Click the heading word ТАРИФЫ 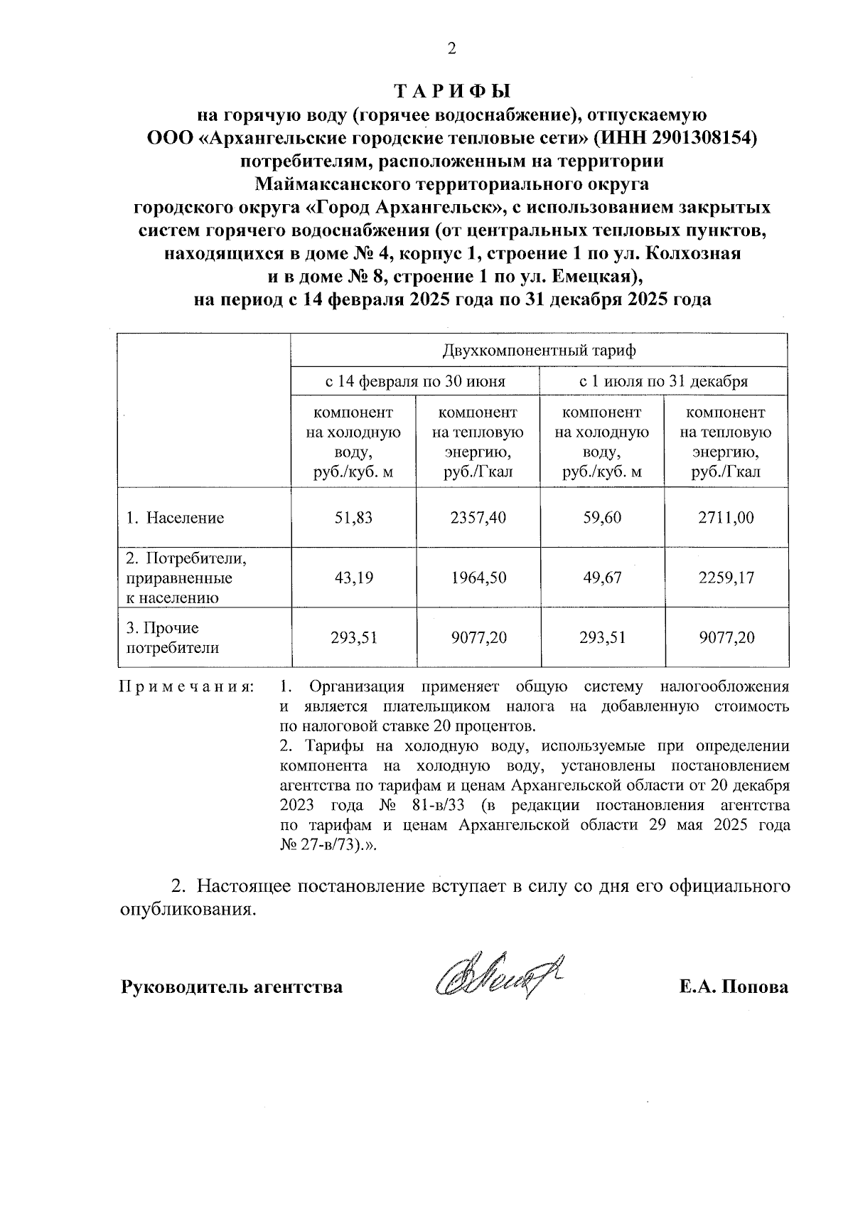(452, 92)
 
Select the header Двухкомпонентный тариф (539, 351)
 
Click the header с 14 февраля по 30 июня (415, 381)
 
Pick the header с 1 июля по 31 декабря (663, 381)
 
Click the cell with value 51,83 (353, 518)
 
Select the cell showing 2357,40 (478, 518)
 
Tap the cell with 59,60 (601, 518)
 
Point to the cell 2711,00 (725, 518)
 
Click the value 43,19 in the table (353, 578)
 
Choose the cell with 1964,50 (478, 578)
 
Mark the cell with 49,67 (601, 578)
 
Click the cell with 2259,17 (725, 578)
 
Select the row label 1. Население (175, 518)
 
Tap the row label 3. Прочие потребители (172, 638)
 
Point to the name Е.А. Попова (733, 987)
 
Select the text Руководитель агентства (232, 987)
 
